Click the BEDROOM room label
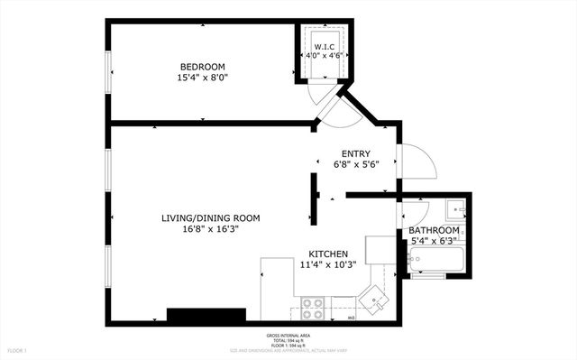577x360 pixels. tap(202, 67)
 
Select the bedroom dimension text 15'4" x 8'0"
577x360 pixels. tap(202, 78)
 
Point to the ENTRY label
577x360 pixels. tap(354, 153)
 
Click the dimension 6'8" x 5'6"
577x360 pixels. tap(354, 165)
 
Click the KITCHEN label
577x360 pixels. tap(328, 254)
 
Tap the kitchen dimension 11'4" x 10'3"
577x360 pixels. tap(328, 265)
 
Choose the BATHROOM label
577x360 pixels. tap(434, 229)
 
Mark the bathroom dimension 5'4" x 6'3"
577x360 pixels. tap(434, 241)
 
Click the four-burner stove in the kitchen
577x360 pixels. tap(314, 309)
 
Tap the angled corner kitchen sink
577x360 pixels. tap(374, 296)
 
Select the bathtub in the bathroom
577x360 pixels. tap(435, 261)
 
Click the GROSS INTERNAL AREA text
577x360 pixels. tap(288, 334)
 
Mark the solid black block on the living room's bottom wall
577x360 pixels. tap(206, 315)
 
